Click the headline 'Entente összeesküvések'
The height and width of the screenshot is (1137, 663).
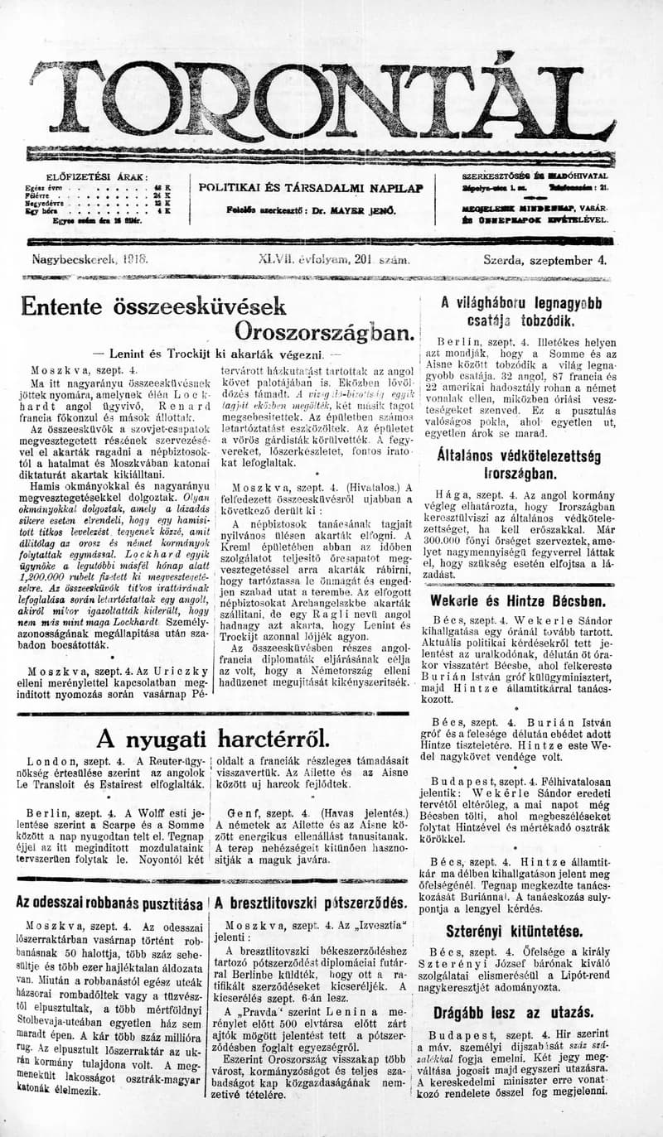coord(153,306)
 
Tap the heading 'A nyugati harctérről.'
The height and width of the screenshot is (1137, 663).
coord(213,739)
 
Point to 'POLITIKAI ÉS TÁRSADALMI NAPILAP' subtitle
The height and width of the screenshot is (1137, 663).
coord(312,188)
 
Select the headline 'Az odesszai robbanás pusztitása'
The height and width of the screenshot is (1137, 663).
coord(109,903)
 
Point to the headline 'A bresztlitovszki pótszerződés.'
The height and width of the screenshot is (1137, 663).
coord(311,903)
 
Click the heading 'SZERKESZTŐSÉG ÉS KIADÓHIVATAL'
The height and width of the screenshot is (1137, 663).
coord(535,176)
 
